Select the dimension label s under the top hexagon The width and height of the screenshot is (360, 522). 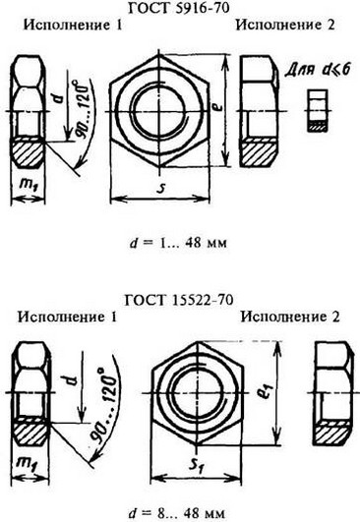pyautogui.click(x=160, y=185)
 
